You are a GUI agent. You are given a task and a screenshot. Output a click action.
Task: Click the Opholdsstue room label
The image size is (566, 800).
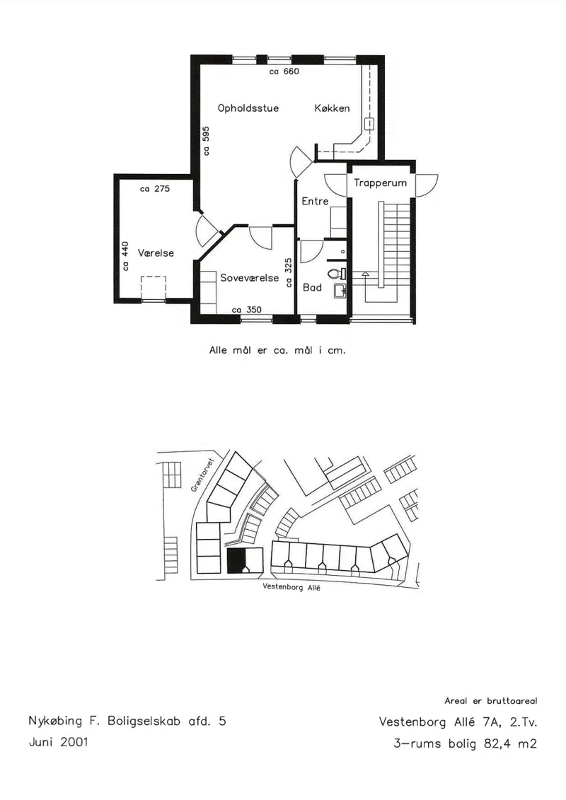point(248,108)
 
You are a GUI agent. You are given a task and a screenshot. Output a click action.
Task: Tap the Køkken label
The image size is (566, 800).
point(333,108)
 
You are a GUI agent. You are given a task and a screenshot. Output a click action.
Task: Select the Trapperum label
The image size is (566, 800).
point(380,183)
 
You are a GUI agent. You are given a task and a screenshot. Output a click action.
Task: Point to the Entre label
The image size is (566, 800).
point(315,202)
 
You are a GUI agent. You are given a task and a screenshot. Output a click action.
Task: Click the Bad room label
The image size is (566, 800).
point(312,288)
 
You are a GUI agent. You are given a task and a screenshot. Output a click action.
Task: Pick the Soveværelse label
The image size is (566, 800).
point(250,278)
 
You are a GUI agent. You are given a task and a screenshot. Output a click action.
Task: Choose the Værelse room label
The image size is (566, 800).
point(156,253)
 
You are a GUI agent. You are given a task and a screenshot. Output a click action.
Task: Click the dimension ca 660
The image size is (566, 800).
point(284,71)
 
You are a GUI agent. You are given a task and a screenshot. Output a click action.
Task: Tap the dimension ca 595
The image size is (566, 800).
point(206,140)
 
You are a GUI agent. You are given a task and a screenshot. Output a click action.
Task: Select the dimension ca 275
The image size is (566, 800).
point(155,189)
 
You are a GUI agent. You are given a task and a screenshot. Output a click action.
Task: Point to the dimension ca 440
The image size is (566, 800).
point(125,256)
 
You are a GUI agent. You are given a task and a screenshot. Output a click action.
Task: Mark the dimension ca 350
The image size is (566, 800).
point(246,310)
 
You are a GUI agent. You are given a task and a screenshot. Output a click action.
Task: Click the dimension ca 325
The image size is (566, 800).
point(289,273)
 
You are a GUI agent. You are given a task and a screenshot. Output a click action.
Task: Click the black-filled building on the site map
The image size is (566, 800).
point(236,561)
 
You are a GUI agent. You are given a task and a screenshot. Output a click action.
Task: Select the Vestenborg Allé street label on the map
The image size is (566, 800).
point(291,587)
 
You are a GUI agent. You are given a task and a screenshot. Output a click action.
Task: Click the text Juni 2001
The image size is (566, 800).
point(58,742)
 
